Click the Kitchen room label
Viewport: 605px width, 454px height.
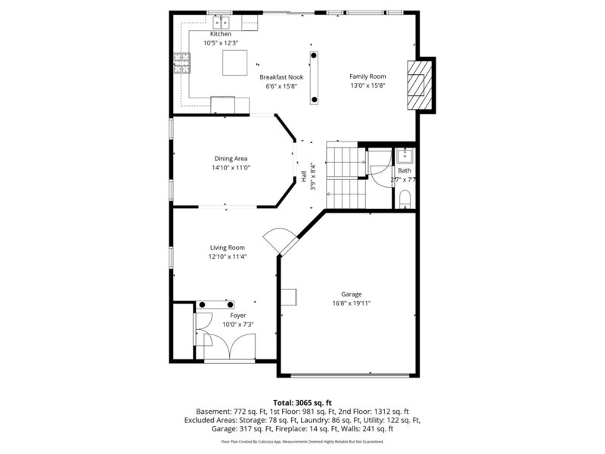(x=220, y=34)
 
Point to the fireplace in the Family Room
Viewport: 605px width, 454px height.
(x=418, y=86)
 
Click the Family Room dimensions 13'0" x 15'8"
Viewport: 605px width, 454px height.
(x=368, y=86)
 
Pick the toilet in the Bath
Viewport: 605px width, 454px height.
(x=405, y=198)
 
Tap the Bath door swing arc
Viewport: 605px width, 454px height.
(x=378, y=168)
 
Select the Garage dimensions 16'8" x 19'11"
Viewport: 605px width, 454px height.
(x=351, y=303)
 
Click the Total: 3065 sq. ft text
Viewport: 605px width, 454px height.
(x=302, y=402)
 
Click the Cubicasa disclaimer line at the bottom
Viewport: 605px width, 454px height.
(x=302, y=441)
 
